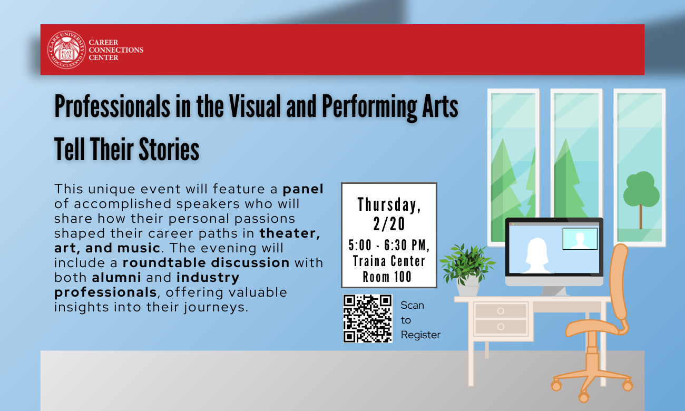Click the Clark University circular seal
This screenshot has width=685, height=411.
point(67,50)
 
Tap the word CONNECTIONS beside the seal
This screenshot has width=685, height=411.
point(116,50)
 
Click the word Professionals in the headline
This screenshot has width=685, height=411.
point(112,106)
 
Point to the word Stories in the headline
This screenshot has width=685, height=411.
point(169,149)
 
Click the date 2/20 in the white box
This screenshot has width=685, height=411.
point(389,224)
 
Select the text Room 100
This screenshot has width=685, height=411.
point(387,277)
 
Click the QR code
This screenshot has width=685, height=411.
point(368,319)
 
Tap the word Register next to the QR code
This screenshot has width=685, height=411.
point(420,335)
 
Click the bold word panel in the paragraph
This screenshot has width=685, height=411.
point(303,189)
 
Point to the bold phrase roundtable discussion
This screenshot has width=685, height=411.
point(206,263)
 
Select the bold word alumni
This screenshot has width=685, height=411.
point(116,277)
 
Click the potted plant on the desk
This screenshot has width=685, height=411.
point(467,270)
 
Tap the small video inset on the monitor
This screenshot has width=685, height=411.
point(580,239)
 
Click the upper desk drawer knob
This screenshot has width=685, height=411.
point(501,311)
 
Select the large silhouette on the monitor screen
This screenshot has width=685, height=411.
point(537,256)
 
